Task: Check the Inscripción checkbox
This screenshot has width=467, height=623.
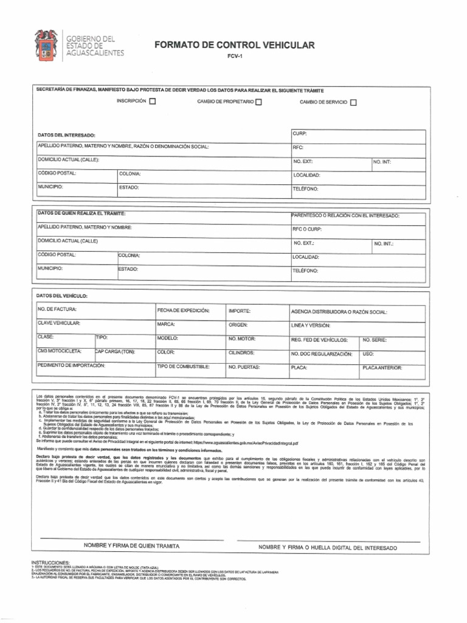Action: click(x=153, y=102)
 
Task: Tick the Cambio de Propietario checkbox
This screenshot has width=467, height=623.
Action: click(x=258, y=102)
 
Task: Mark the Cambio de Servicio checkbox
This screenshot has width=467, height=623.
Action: click(x=353, y=102)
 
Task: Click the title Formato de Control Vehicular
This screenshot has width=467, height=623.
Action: click(x=235, y=45)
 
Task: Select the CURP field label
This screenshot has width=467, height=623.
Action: click(x=300, y=133)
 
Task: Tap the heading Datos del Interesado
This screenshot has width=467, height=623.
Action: click(x=66, y=134)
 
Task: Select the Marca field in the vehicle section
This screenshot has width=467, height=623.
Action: click(x=166, y=324)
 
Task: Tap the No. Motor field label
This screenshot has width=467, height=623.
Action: click(x=241, y=338)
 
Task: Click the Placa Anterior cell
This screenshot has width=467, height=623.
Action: click(x=382, y=367)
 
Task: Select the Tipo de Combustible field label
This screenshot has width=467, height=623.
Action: click(x=184, y=366)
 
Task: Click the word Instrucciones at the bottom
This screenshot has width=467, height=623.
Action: click(x=50, y=563)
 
